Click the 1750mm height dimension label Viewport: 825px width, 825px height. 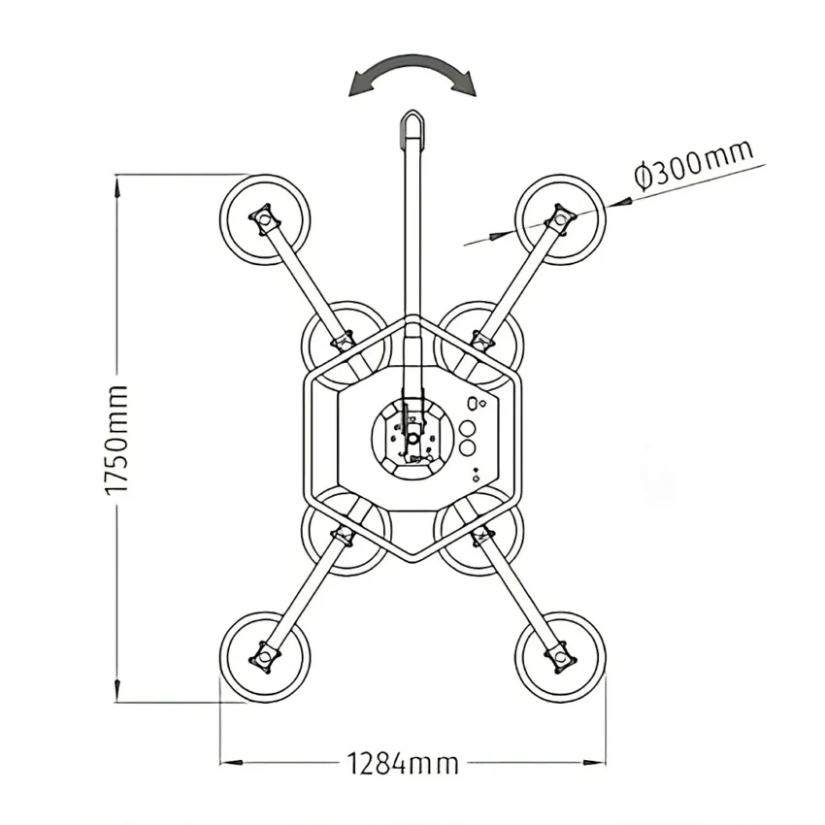116,441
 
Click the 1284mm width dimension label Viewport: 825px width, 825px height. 403,764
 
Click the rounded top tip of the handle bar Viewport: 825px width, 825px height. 412,112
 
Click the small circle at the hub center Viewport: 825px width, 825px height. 413,438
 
